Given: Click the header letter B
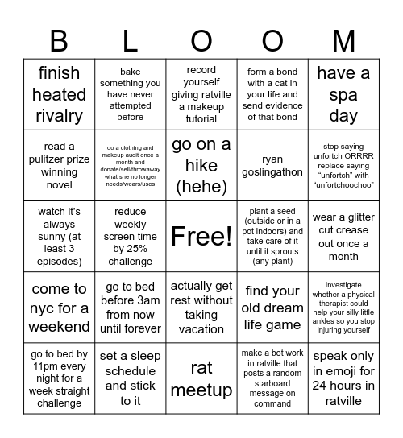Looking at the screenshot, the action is [x=59, y=40].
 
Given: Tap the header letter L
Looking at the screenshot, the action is [x=131, y=40].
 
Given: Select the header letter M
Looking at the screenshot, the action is [x=343, y=40].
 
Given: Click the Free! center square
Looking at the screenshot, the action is [x=201, y=236].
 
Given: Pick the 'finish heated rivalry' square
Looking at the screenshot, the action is [x=59, y=94].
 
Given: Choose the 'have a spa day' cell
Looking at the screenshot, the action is [x=343, y=94].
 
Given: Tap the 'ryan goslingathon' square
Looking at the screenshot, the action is [x=272, y=166].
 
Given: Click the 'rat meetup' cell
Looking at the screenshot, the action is [x=201, y=378].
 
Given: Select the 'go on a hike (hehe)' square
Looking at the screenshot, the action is [x=201, y=166].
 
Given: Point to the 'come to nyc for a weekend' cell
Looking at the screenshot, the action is [x=59, y=308].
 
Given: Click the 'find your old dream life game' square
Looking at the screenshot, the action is [x=272, y=308].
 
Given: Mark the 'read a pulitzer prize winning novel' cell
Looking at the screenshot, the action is [x=59, y=166].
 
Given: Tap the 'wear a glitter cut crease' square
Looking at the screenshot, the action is [x=343, y=237].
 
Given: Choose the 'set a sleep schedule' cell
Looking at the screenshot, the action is [x=131, y=378].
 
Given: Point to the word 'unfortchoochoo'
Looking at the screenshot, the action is [x=343, y=184].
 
